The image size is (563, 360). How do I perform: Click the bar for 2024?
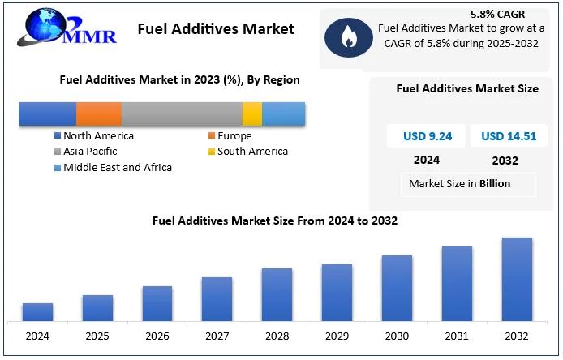point(37,312)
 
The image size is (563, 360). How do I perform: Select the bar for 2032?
point(517,279)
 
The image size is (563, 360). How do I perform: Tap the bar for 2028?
point(277,294)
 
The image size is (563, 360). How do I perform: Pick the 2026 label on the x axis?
point(157,336)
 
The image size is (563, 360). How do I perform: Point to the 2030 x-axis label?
point(397,336)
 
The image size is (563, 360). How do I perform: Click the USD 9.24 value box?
point(427,136)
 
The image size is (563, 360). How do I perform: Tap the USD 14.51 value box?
point(509,136)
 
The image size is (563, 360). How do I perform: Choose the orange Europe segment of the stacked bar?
point(99,114)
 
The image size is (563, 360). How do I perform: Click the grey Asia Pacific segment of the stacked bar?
point(182,114)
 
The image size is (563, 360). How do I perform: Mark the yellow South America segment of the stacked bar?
point(252,114)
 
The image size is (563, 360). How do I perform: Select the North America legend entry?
point(93,136)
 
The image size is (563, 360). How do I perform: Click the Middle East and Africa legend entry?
point(113,167)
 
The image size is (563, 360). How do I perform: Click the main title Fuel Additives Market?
point(216,29)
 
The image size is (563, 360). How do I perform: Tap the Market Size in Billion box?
point(459,183)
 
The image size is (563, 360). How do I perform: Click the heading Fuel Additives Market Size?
point(466,88)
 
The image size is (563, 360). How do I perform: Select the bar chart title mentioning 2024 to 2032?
point(274,220)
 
